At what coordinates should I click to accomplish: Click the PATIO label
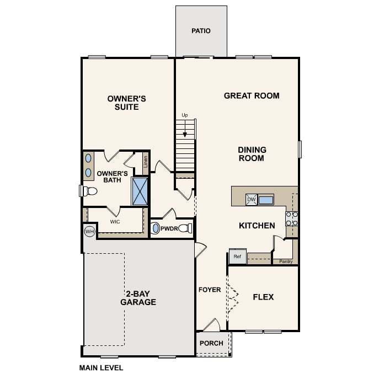201,31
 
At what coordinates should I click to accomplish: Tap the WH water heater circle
90,232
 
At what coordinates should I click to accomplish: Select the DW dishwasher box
252,200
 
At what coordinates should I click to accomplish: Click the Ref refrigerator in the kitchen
238,256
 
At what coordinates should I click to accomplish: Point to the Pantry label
286,261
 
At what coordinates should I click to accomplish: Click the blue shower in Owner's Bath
140,191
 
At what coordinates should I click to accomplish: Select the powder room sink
156,228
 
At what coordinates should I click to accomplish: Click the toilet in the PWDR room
185,228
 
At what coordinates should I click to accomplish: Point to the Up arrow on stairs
185,129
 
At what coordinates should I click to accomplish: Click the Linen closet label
146,162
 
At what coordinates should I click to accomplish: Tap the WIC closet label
115,222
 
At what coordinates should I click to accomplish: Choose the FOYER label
210,290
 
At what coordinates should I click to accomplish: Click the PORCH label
211,343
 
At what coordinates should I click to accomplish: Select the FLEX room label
263,297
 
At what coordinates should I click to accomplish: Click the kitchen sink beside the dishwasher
266,200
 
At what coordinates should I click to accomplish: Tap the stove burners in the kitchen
291,219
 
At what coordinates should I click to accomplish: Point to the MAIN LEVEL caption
102,368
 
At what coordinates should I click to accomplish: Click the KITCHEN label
257,226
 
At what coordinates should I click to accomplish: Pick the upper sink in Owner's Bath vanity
88,158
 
